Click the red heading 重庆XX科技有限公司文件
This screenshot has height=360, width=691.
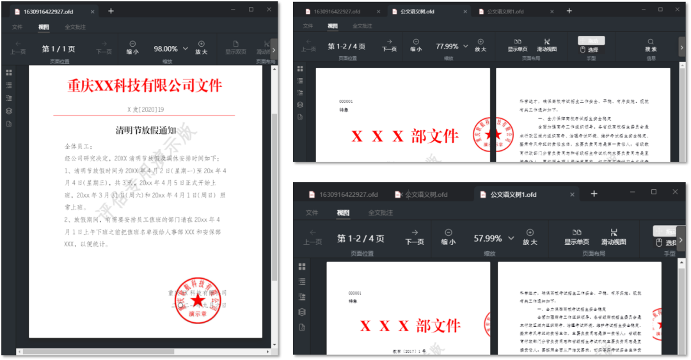pos(145,86)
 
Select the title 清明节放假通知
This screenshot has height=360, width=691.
pos(145,130)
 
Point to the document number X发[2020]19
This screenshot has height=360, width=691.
pos(145,109)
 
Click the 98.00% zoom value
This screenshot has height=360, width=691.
pos(166,49)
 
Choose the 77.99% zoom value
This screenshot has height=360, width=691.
pos(447,47)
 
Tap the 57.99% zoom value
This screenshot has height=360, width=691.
pos(488,238)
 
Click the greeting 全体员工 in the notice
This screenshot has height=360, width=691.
pos(79,147)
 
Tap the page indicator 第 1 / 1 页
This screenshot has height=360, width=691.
pos(59,49)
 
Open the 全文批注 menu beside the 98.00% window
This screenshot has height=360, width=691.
pos(75,27)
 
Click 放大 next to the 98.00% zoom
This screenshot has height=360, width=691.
pos(201,48)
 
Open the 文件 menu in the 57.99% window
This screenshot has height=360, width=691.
pos(312,212)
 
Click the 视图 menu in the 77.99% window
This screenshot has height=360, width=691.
pos(332,26)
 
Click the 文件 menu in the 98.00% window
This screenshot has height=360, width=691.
pos(17,27)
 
